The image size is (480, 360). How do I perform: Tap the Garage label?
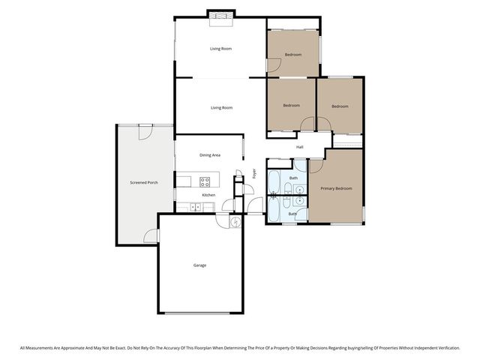(199, 265)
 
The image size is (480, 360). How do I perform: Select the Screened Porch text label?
(143, 182)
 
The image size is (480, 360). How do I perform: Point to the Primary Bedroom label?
(335, 188)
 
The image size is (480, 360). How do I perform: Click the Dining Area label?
(210, 155)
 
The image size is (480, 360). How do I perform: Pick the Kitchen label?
(208, 195)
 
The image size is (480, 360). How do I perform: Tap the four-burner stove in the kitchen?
(205, 181)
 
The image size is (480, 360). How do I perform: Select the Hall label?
(300, 147)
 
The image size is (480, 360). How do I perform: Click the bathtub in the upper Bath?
(274, 181)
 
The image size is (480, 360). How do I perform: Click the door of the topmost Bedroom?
(274, 67)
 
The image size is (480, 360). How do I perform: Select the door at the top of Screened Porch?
(145, 130)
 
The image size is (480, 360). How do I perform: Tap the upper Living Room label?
(220, 49)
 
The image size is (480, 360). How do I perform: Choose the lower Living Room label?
(221, 108)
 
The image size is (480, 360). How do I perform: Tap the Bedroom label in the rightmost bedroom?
(340, 106)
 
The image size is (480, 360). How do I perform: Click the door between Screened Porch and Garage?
(152, 236)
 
